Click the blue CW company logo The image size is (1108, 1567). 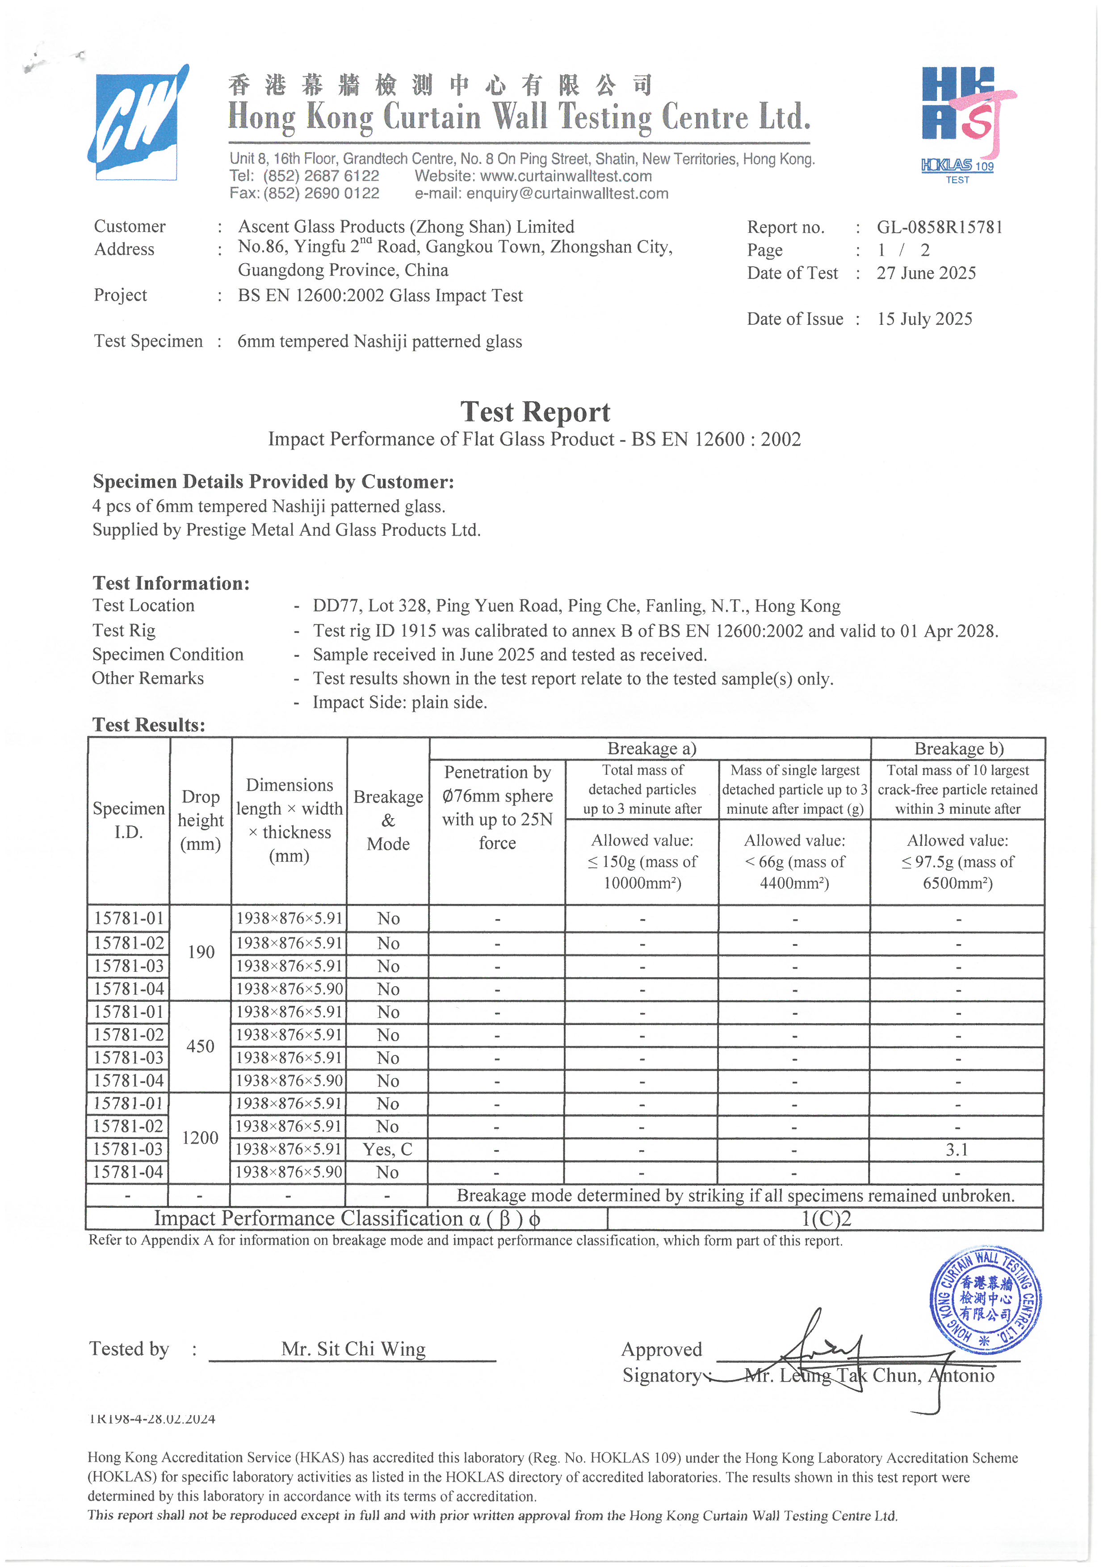pyautogui.click(x=136, y=123)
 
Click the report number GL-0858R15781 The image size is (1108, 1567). pyautogui.click(x=940, y=227)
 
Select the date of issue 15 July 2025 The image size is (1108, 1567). pyautogui.click(x=924, y=319)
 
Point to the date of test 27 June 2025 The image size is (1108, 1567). pyautogui.click(x=926, y=273)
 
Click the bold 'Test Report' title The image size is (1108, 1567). pyautogui.click(x=535, y=412)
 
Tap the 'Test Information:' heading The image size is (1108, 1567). pyautogui.click(x=171, y=583)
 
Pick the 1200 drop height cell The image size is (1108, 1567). pyautogui.click(x=200, y=1138)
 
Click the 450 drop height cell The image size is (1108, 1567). pyautogui.click(x=200, y=1046)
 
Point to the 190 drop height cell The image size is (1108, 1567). pyautogui.click(x=201, y=952)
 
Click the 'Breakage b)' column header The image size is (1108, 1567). pyautogui.click(x=958, y=749)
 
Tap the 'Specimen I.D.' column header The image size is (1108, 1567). pyautogui.click(x=128, y=819)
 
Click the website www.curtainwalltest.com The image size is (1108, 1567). pyautogui.click(x=566, y=176)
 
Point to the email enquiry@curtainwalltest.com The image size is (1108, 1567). pyautogui.click(x=567, y=194)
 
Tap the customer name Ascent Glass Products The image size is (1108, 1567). pyautogui.click(x=406, y=227)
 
